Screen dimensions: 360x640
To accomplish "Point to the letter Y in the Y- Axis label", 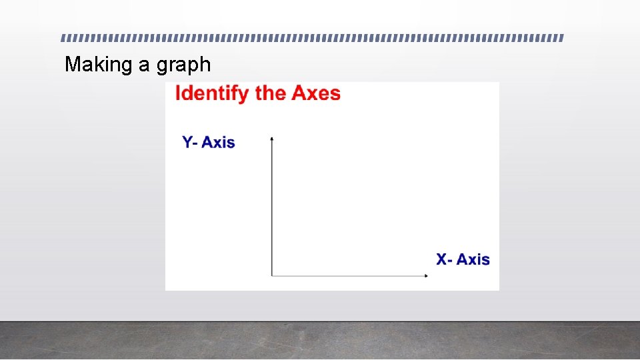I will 187,142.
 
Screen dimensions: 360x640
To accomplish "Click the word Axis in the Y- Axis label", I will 219,142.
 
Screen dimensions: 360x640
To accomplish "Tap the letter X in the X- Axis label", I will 442,259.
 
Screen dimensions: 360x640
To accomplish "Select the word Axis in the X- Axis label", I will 473,259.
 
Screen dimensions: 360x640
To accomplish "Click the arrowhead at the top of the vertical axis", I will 272,138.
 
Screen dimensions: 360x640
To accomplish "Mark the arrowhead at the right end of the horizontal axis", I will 425,275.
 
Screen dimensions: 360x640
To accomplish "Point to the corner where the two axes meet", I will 272,275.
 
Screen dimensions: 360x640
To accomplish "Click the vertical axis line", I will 272,207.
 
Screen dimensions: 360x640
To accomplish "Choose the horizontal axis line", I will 347,275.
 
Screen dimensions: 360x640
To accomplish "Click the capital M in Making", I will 72,65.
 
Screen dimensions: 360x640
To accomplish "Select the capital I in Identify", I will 178,93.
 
